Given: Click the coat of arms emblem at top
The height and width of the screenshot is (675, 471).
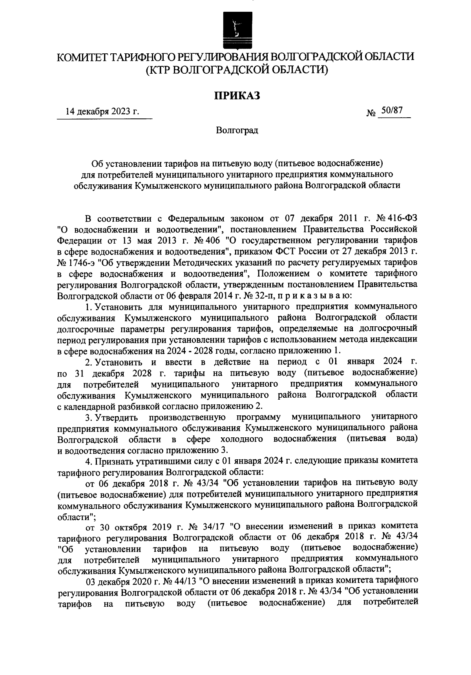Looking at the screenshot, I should [235, 29].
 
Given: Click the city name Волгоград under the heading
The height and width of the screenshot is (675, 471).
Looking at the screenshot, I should [237, 131].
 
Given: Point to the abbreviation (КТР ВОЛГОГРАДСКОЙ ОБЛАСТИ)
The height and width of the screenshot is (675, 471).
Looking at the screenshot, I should [237, 70].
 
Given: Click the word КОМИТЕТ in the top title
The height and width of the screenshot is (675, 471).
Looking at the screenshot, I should [82, 57].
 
